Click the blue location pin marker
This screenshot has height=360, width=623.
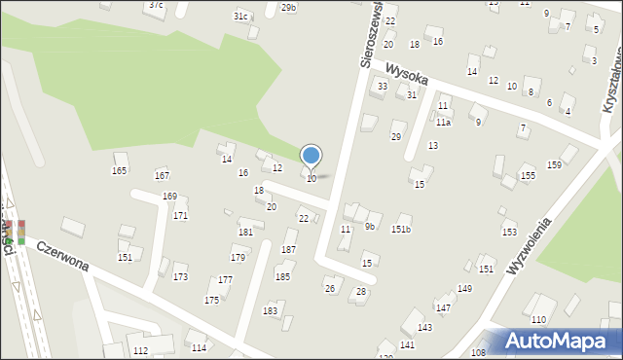[x=311, y=156]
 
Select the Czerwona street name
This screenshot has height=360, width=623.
[x=62, y=257]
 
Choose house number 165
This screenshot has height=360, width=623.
[x=119, y=171]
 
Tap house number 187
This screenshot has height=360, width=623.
[x=288, y=250]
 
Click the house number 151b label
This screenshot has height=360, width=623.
[x=401, y=230]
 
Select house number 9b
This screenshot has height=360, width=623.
[x=370, y=227]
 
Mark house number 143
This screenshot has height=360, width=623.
[x=424, y=328]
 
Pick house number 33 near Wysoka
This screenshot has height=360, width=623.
[x=383, y=87]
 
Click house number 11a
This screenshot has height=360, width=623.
[x=443, y=123]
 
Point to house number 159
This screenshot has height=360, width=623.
[x=554, y=164]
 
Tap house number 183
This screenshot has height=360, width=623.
[x=270, y=310]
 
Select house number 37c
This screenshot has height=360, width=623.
[x=156, y=5]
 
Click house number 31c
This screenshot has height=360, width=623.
[x=241, y=17]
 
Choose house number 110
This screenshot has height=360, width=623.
[x=538, y=320]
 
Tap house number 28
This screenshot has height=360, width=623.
[x=361, y=292]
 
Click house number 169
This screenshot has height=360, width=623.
[x=169, y=197]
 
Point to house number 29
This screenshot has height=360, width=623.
[x=396, y=137]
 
